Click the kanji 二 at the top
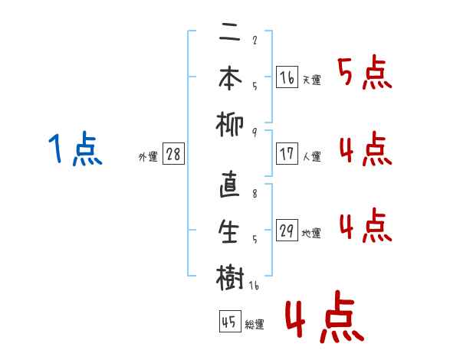[x=230, y=34]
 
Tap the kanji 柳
[x=230, y=123]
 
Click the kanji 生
[x=230, y=231]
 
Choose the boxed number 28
[x=173, y=154]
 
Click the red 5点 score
[x=364, y=74]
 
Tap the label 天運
[x=312, y=80]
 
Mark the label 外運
[x=148, y=157]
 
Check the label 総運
[x=255, y=325]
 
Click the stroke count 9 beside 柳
[x=254, y=132]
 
